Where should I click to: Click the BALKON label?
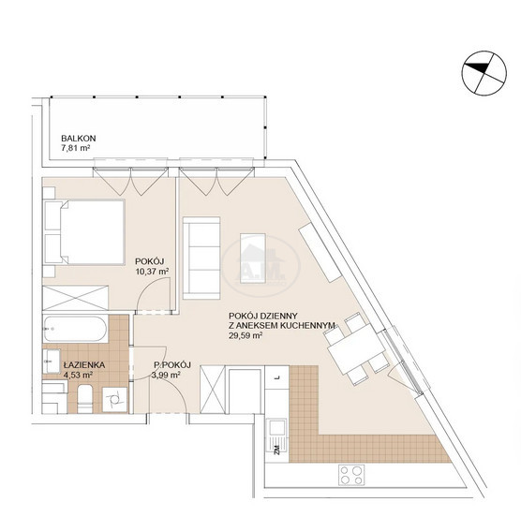(79, 139)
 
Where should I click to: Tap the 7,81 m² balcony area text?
(75, 148)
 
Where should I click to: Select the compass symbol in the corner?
(484, 72)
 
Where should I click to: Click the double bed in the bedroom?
(83, 232)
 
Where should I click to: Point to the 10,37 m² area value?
(152, 272)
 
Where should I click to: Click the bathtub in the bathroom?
(75, 329)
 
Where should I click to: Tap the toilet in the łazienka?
(84, 399)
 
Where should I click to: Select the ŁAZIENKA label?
(83, 365)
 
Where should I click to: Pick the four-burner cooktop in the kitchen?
(351, 475)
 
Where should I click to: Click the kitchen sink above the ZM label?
(277, 429)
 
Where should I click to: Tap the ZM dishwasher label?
(276, 450)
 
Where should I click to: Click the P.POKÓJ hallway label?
(172, 365)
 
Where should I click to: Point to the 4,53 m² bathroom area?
(79, 375)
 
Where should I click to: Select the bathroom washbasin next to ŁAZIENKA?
(52, 362)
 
